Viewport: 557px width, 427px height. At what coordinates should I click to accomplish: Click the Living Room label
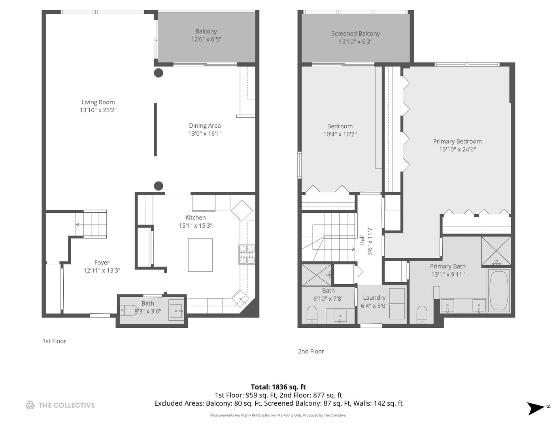(98, 102)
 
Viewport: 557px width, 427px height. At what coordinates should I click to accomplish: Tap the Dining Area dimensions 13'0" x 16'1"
(204, 134)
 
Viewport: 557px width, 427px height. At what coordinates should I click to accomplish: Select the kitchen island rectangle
(200, 255)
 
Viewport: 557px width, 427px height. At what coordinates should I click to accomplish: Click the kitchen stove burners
(247, 254)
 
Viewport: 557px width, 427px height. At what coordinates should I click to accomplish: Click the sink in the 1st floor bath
(176, 311)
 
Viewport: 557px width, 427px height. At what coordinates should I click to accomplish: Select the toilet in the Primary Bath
(422, 314)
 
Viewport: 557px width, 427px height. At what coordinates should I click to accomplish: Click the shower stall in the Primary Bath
(496, 251)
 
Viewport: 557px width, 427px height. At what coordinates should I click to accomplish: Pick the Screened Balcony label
(355, 34)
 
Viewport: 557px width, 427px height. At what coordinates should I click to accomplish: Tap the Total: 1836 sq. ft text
(278, 387)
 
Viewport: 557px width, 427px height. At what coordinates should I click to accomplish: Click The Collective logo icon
(30, 405)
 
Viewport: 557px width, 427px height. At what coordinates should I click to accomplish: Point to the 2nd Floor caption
(311, 351)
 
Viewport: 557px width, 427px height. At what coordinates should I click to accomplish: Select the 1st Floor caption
(54, 341)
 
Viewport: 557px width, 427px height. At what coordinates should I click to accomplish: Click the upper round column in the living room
(159, 73)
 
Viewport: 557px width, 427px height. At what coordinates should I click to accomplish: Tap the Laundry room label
(374, 298)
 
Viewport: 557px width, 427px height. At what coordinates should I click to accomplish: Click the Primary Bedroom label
(457, 141)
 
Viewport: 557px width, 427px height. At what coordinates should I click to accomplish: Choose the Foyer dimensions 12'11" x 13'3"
(102, 270)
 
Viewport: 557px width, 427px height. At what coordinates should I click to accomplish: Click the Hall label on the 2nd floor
(362, 240)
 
